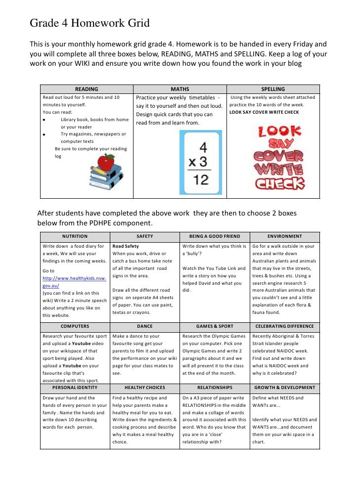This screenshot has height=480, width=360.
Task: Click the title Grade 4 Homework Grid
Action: pos(90,23)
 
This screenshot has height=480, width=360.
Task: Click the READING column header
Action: pos(87,89)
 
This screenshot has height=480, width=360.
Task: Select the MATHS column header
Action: pos(180,89)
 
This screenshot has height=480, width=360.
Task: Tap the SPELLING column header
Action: pos(273,89)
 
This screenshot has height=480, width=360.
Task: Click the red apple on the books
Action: pos(106,162)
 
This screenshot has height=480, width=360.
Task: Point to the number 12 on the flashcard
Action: pos(201,179)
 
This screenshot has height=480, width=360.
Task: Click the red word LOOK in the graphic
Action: pos(279,132)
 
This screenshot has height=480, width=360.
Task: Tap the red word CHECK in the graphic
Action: pos(279,183)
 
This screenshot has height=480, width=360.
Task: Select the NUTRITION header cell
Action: pos(75,236)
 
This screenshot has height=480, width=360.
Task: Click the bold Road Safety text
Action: pos(126,246)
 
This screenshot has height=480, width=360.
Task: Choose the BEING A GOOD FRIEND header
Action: pos(215,236)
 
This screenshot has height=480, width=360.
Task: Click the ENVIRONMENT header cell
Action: pos(284,236)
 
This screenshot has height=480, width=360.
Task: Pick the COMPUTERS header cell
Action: pos(75,326)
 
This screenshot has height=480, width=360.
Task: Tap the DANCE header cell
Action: pos(144,326)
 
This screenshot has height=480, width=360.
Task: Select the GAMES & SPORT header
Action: pos(215,326)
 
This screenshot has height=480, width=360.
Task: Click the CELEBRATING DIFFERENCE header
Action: pos(284,326)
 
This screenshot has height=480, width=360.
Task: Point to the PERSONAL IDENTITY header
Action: pos(75,388)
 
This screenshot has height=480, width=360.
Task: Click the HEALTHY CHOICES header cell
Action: pos(144,388)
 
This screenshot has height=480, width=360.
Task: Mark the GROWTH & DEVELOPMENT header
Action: pos(284,388)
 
